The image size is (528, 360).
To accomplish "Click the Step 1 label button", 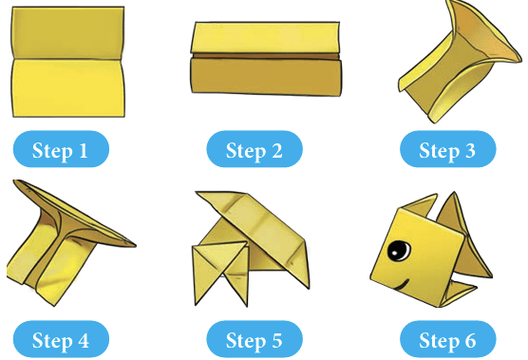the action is [61, 149].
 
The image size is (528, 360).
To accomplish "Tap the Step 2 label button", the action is [255, 149].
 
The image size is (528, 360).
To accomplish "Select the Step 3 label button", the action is [448, 149].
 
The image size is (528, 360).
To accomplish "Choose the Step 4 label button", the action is [61, 339].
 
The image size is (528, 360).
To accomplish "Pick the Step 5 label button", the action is [255, 339].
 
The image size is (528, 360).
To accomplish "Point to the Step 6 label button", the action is [448, 339].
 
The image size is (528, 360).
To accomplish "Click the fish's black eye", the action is [399, 251].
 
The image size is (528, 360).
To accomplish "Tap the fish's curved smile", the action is [402, 285].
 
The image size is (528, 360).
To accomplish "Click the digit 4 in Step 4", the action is [83, 340].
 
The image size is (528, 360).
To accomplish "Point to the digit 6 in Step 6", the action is [470, 340].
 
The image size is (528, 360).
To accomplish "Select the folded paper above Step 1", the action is [68, 62].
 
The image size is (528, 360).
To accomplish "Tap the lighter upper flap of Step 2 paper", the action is [265, 38].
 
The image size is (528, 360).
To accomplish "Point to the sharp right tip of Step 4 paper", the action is [136, 245].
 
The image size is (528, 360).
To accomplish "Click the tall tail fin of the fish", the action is [464, 236].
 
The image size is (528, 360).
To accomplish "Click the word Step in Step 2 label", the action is [245, 150].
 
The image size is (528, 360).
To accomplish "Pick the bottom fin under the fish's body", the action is [458, 293].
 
